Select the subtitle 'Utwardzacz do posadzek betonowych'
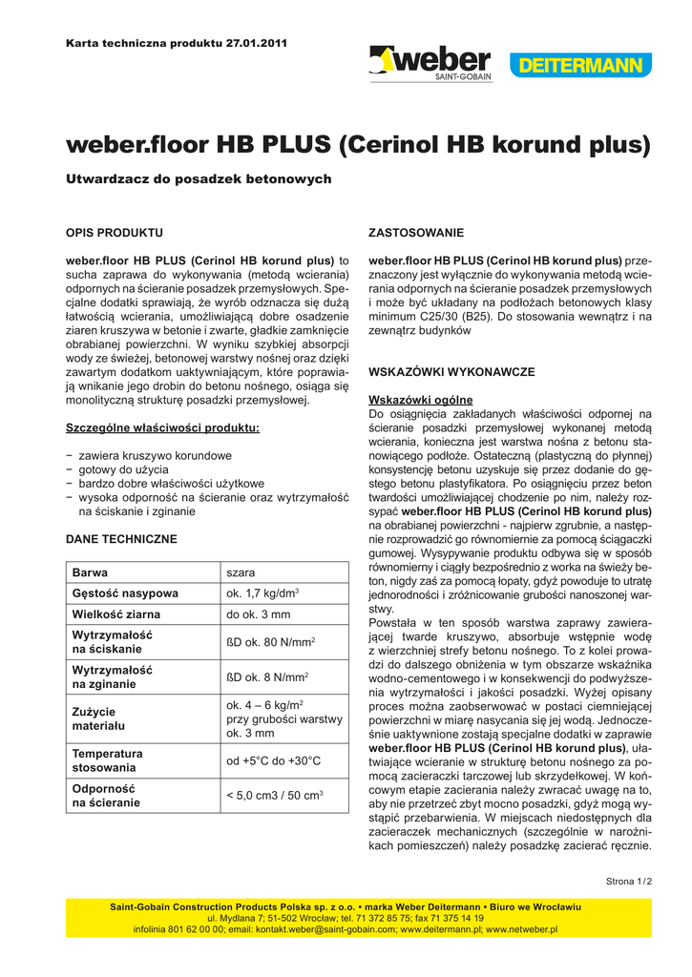(x=199, y=179)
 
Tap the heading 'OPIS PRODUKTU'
(x=114, y=233)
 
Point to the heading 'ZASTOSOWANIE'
(x=416, y=233)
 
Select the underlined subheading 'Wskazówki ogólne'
(x=420, y=400)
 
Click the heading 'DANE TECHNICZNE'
(x=121, y=539)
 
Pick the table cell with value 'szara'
(x=241, y=573)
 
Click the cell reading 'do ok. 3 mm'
(x=258, y=614)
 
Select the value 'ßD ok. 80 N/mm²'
(x=271, y=642)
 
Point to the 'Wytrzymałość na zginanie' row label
(x=113, y=676)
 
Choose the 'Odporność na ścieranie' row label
(x=106, y=796)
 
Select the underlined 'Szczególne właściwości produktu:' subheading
(x=162, y=428)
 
